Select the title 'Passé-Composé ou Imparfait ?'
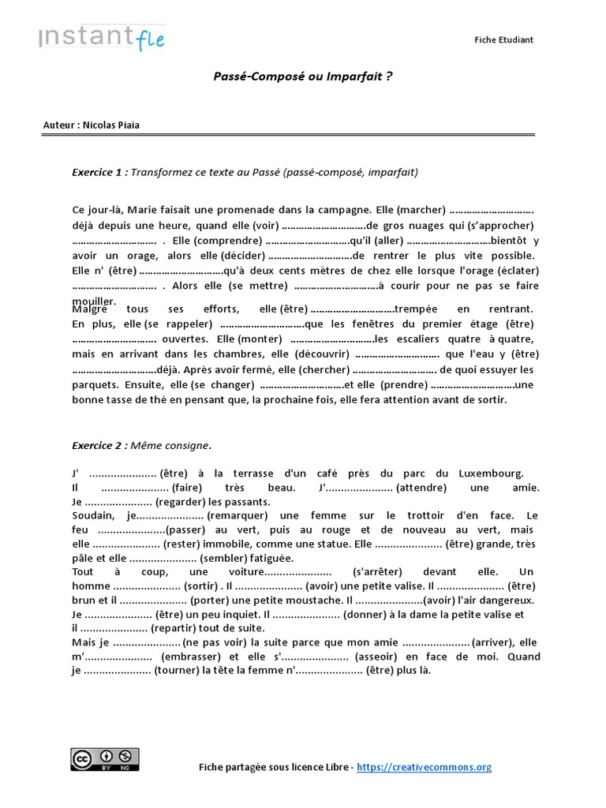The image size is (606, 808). pos(303,77)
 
